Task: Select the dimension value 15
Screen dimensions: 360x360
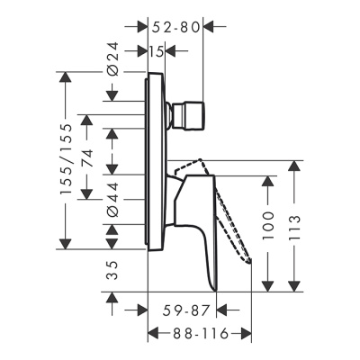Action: tap(156, 51)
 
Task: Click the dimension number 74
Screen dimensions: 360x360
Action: tap(87, 160)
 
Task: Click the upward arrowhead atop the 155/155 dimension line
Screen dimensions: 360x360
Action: tap(64, 78)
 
